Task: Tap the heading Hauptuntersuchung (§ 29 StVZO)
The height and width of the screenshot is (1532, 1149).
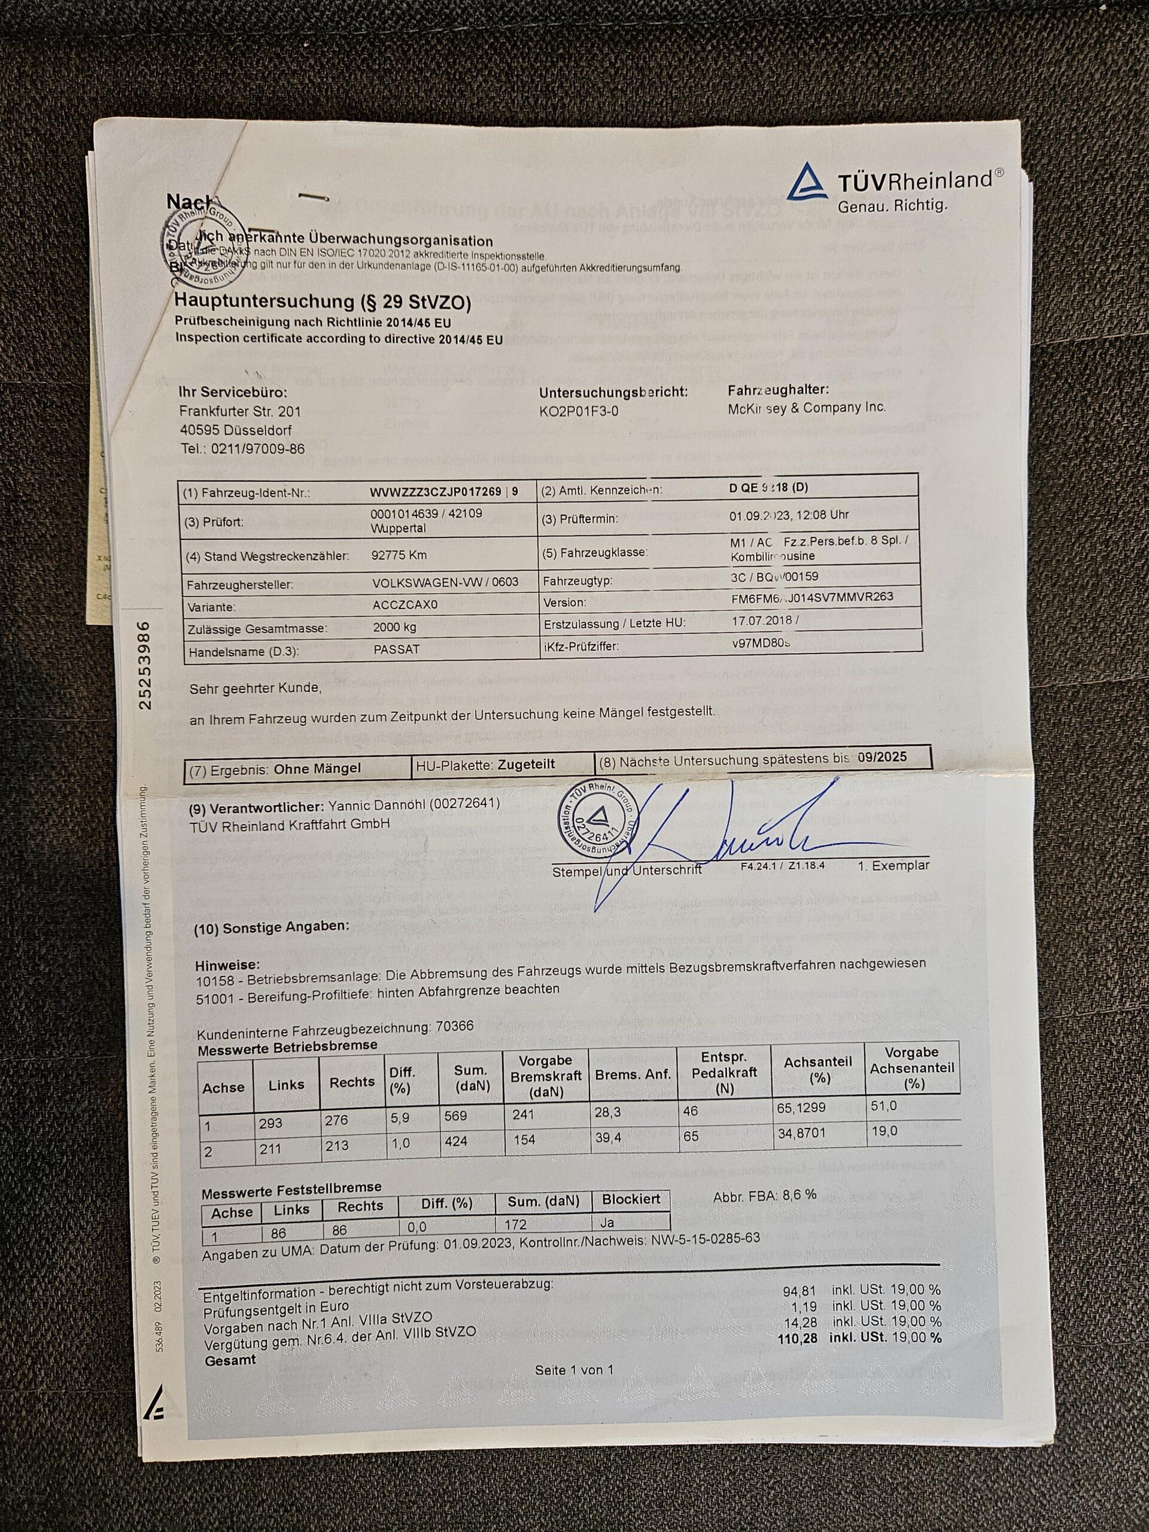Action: point(322,302)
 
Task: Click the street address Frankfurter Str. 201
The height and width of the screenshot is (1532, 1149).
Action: point(239,411)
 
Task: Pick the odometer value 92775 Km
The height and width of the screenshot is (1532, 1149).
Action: point(399,555)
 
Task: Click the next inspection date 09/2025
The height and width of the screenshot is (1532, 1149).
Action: point(881,757)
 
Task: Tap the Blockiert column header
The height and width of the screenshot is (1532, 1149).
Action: point(630,1199)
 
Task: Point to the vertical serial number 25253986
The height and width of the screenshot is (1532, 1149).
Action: point(145,665)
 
